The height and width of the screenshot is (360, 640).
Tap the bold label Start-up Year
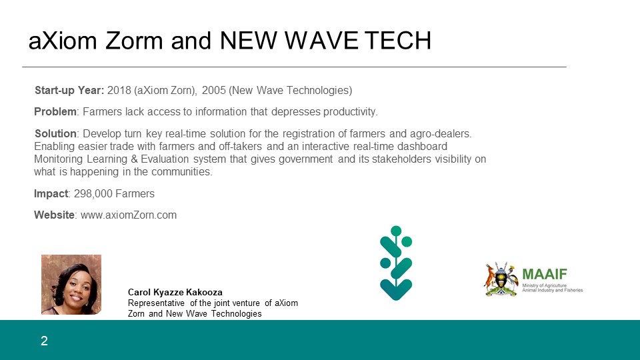(69, 90)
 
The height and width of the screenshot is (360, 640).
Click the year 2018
(119, 90)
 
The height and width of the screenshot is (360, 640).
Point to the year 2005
(213, 90)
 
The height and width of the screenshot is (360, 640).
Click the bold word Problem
(55, 112)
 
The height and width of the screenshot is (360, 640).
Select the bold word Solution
(55, 133)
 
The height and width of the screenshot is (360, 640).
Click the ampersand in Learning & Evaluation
(134, 159)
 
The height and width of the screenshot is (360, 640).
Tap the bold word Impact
(51, 193)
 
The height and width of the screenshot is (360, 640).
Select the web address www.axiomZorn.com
(129, 215)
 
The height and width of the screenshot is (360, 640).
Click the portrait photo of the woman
(71, 285)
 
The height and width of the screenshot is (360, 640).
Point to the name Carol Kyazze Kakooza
(175, 292)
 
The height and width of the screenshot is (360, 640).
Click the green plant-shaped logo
(396, 263)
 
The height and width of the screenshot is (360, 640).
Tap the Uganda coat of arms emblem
(501, 279)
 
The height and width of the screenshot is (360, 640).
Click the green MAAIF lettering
(545, 274)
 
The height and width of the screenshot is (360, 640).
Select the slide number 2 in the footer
(45, 341)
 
